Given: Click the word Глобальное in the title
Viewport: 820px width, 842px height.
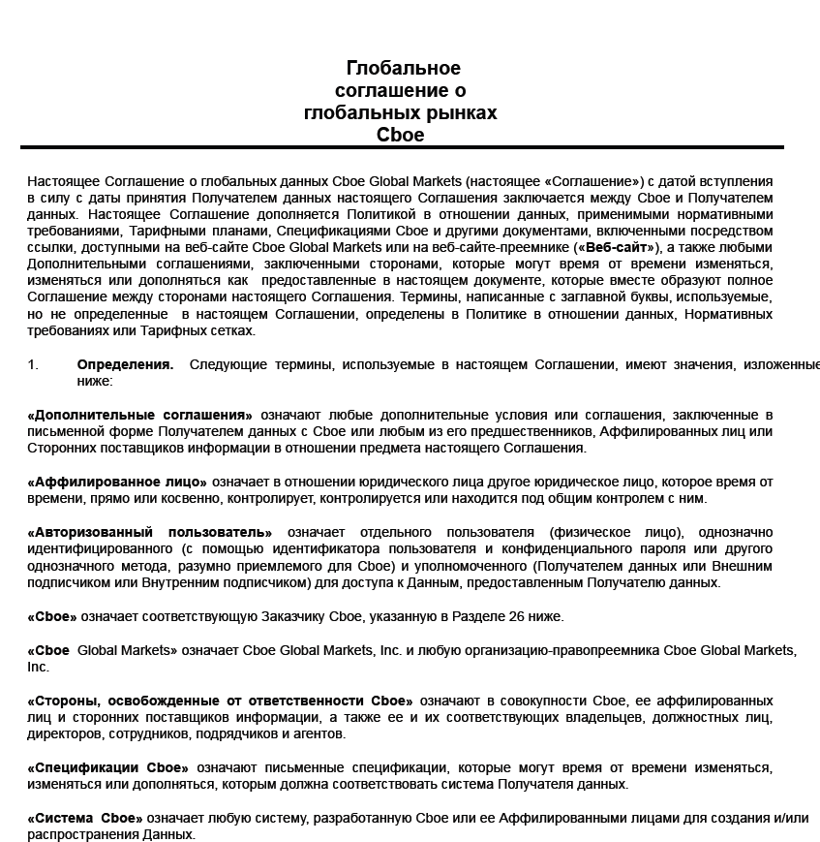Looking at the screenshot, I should [x=403, y=68].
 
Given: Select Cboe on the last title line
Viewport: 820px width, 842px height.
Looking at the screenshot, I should [x=401, y=136].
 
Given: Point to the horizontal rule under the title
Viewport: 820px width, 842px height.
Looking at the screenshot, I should [x=402, y=147].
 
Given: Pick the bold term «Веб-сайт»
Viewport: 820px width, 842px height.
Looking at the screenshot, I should [x=615, y=247].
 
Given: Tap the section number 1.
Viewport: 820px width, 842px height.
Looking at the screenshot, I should [x=33, y=364].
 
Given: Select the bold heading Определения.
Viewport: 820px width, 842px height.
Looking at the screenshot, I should [x=125, y=364].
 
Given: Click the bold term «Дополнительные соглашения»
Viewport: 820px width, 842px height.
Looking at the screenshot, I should [x=140, y=415].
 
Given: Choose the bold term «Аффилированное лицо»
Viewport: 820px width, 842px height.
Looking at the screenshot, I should [x=117, y=482].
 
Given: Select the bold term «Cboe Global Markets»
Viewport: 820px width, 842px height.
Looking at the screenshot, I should [x=103, y=650].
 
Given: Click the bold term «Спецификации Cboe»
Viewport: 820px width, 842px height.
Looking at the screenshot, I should [x=108, y=767].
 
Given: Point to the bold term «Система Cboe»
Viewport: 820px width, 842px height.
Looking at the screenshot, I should [x=85, y=818].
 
